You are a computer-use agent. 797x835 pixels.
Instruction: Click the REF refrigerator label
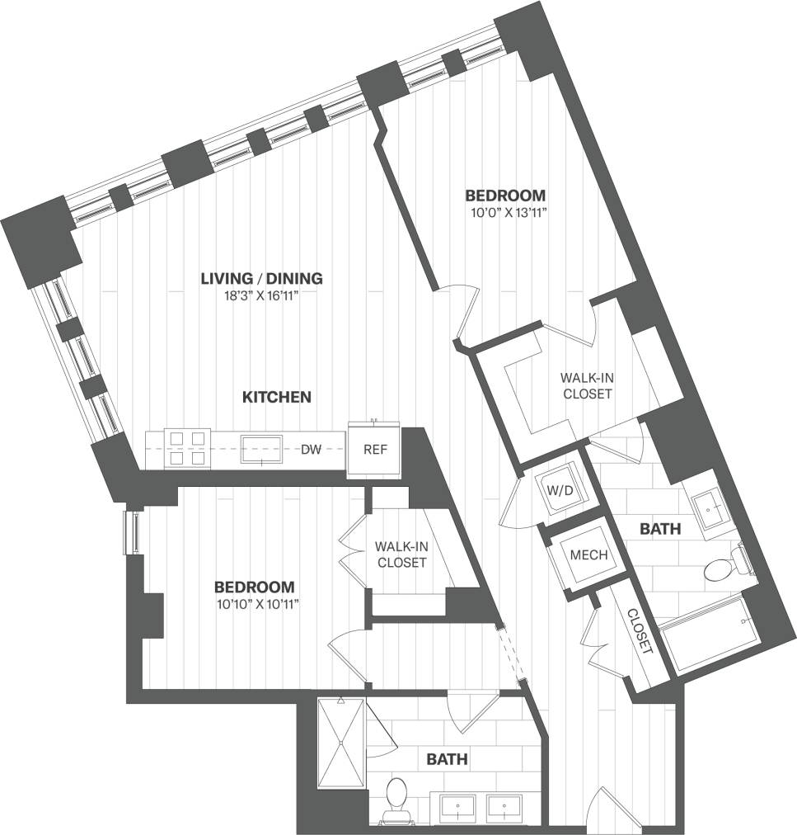point(374,451)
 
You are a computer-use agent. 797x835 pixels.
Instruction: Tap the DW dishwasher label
point(310,450)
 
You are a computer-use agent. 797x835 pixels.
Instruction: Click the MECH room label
point(588,555)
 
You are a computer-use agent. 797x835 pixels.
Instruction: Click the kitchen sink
point(262,450)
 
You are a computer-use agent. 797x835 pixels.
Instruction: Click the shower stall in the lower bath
point(340,742)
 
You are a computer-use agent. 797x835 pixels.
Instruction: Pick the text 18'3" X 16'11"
point(260,296)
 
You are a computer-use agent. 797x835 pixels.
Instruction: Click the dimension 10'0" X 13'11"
point(505,213)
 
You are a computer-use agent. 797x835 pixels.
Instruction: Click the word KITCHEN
point(276,398)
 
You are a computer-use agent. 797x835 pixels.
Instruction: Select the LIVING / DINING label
point(261,278)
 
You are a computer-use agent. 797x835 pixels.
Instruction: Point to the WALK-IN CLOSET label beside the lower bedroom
point(400,554)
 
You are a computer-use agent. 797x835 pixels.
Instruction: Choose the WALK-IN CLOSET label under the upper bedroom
point(587,385)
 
